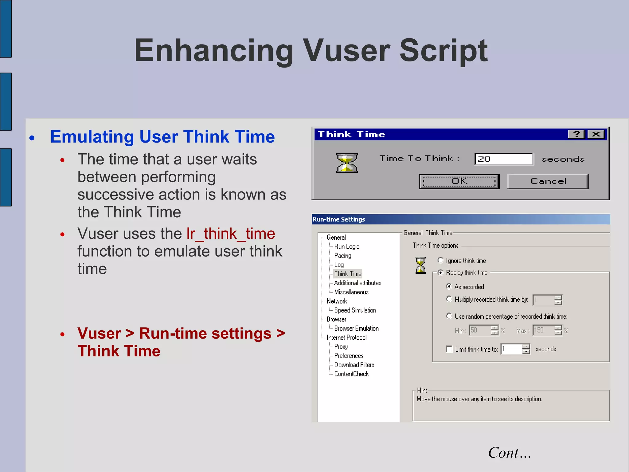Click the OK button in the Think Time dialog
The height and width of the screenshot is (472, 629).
pos(459,181)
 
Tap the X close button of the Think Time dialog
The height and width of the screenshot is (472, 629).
pos(596,134)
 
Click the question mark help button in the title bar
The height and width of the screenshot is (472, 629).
pos(576,134)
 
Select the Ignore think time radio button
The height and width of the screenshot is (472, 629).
pos(440,261)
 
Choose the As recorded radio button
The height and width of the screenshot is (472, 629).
pos(449,286)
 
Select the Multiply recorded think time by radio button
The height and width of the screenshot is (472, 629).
pos(449,299)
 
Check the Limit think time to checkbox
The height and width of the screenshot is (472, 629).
pos(449,349)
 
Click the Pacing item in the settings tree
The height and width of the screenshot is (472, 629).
pos(342,256)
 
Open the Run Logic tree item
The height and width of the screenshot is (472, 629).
pos(346,246)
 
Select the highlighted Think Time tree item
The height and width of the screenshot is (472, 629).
pos(348,274)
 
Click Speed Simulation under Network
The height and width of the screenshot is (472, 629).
pos(355,310)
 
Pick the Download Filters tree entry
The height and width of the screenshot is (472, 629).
pos(354,365)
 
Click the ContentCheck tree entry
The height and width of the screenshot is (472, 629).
pos(351,374)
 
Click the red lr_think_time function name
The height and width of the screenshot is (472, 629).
pos(231,234)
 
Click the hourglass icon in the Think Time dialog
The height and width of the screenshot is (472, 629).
pos(347,163)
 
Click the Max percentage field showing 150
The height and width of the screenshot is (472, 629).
pos(543,330)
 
